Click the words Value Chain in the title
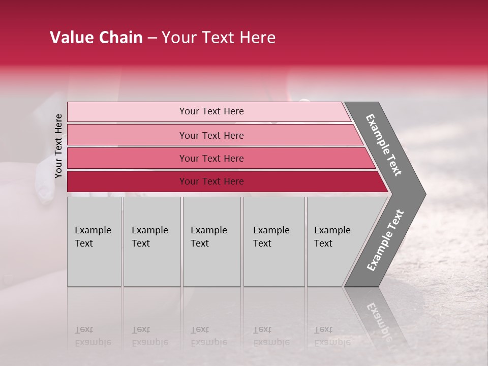tap(96, 38)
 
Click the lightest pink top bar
tap(127, 112)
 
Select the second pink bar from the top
tap(127, 135)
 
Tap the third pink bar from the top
tap(127, 159)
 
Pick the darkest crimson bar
tap(127, 181)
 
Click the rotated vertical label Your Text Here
tap(58, 146)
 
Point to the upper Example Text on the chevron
tap(384, 145)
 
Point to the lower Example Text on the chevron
tap(385, 240)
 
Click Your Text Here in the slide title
tap(219, 38)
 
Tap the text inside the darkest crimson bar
tap(211, 181)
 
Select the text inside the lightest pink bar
tap(211, 111)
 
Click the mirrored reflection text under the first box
tap(93, 336)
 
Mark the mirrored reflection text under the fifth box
tap(332, 336)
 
